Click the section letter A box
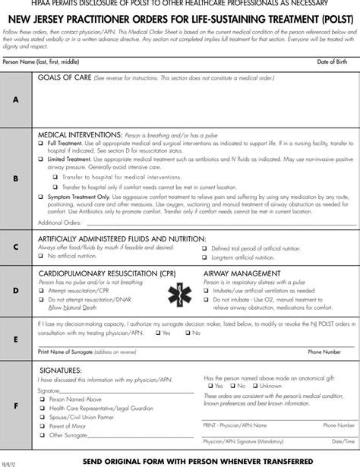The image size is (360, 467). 16,99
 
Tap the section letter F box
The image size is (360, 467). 16,405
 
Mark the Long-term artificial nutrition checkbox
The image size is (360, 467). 205,257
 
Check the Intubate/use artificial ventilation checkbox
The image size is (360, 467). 205,289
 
